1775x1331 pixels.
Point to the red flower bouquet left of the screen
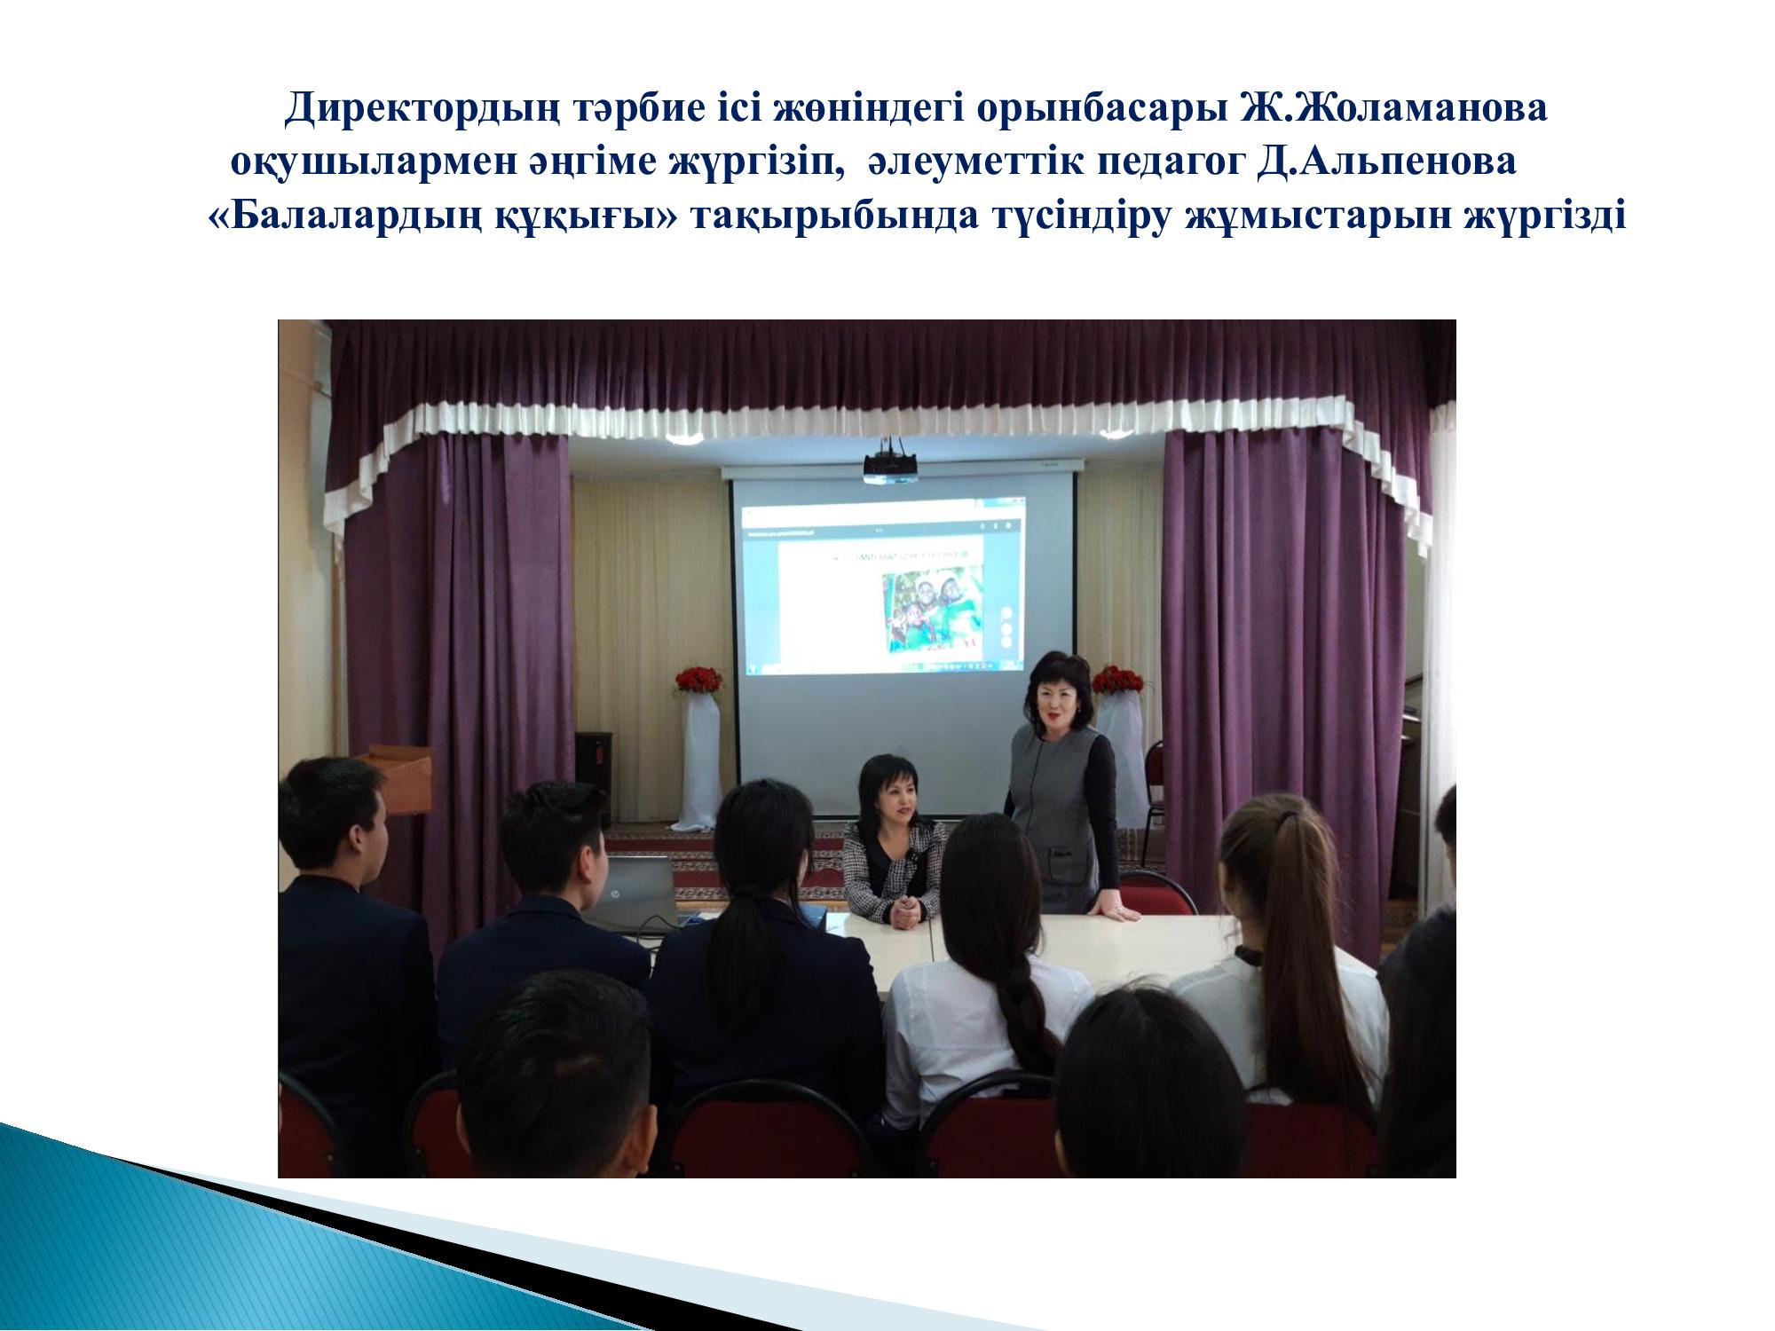pyautogui.click(x=699, y=680)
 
